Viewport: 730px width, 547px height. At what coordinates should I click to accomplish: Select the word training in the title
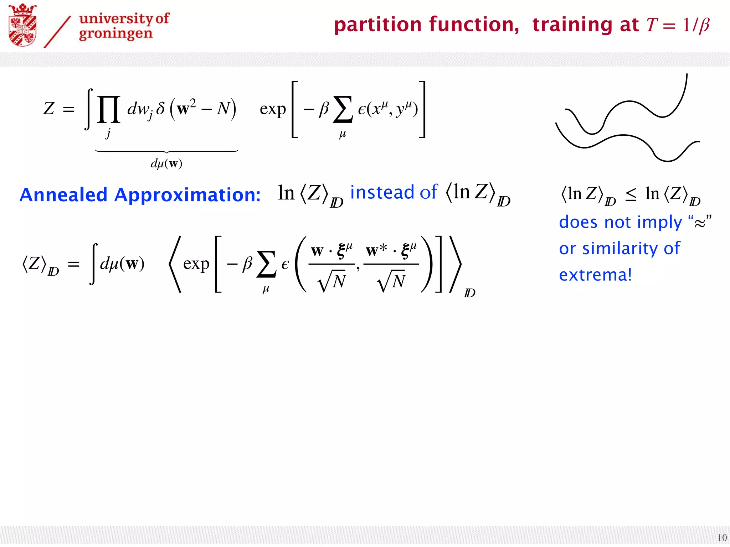(x=572, y=25)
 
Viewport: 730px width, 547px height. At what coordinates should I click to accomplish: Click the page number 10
(x=722, y=537)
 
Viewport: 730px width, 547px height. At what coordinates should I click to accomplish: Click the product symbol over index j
(x=108, y=109)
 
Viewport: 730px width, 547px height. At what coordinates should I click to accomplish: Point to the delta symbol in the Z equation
(x=160, y=108)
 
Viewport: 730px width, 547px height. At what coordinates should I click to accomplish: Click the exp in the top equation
(x=273, y=109)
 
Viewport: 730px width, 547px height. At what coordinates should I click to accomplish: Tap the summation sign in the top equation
(x=342, y=110)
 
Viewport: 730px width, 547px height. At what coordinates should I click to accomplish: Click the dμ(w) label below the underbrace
(x=166, y=163)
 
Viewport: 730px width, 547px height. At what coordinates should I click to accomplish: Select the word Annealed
(x=63, y=195)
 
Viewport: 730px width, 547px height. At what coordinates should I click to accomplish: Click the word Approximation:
(x=187, y=196)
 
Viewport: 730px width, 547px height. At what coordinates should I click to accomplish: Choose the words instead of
(x=394, y=193)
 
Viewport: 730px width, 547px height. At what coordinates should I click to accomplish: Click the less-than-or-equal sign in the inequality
(x=631, y=194)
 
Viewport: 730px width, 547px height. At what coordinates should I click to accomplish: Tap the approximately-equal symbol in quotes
(x=700, y=223)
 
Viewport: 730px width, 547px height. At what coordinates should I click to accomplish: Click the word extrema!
(x=596, y=275)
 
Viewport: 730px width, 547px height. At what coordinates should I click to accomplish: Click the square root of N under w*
(x=391, y=281)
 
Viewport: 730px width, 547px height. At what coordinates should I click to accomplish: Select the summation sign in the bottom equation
(x=266, y=264)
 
